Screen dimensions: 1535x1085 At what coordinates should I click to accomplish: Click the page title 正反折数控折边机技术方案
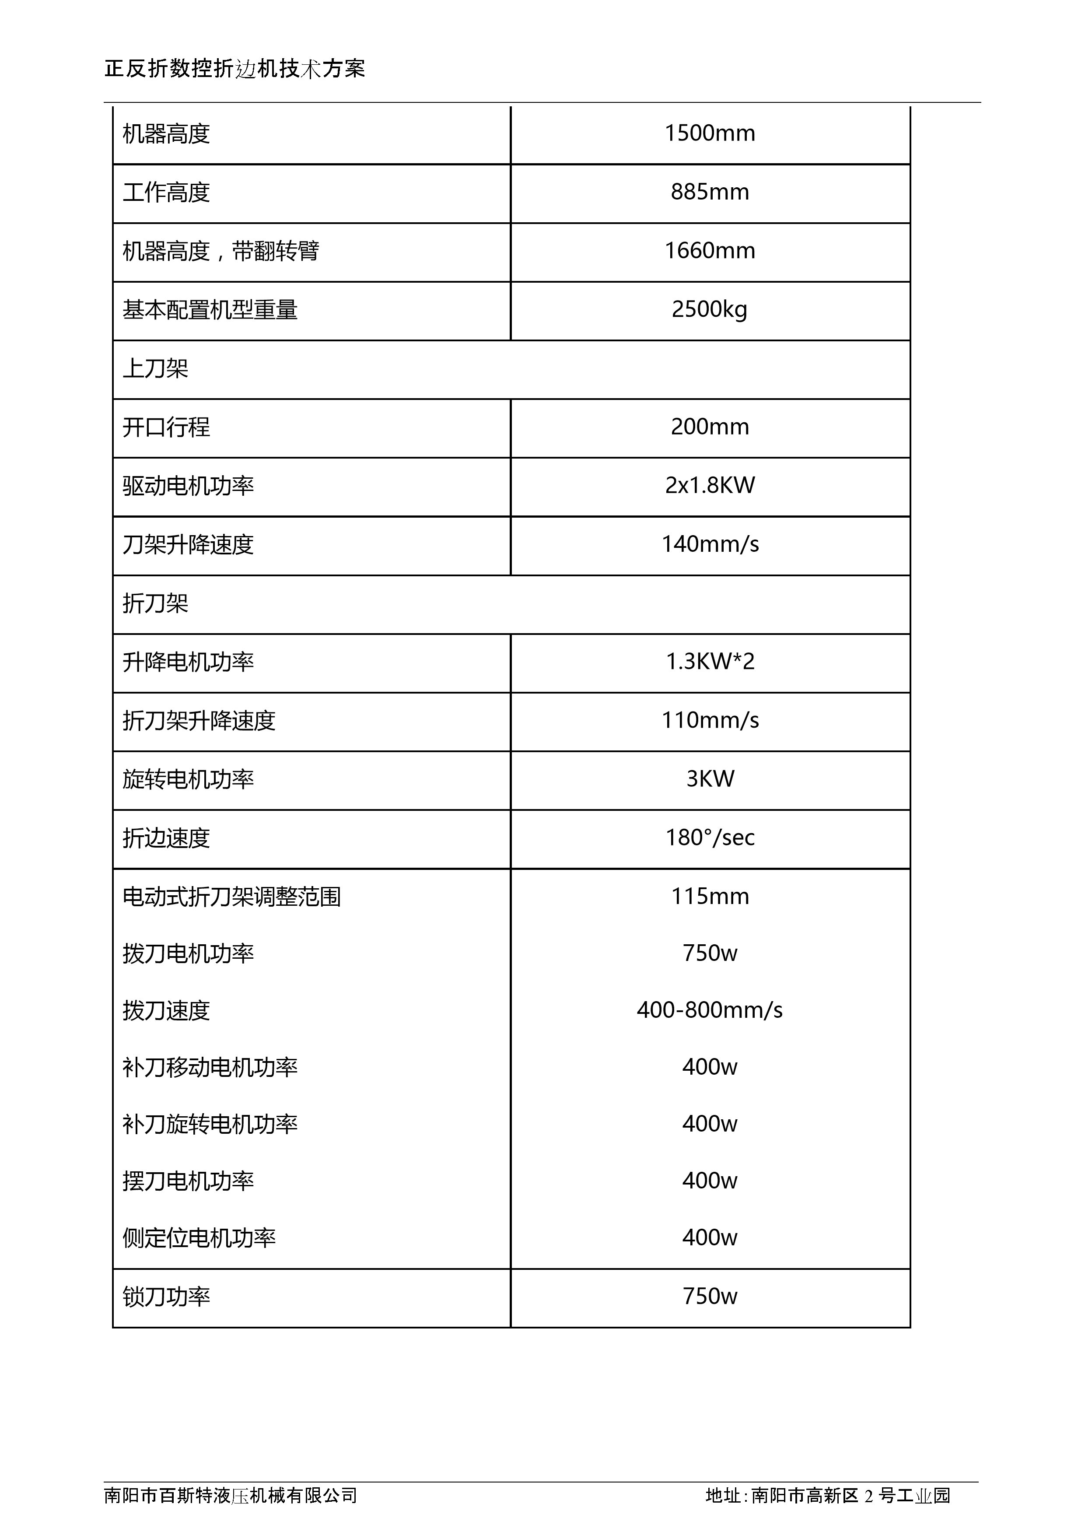tap(234, 69)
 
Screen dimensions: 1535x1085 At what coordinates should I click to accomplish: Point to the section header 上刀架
tap(155, 369)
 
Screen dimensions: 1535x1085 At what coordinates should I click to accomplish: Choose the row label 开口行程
tap(166, 427)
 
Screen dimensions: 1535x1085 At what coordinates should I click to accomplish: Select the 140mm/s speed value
tap(710, 544)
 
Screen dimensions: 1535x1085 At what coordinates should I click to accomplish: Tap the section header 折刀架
tap(155, 604)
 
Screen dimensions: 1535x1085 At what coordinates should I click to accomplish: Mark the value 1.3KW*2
tap(710, 662)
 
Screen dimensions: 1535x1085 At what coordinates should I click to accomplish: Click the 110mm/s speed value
tap(710, 721)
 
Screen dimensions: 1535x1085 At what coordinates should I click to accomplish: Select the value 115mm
tap(710, 897)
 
